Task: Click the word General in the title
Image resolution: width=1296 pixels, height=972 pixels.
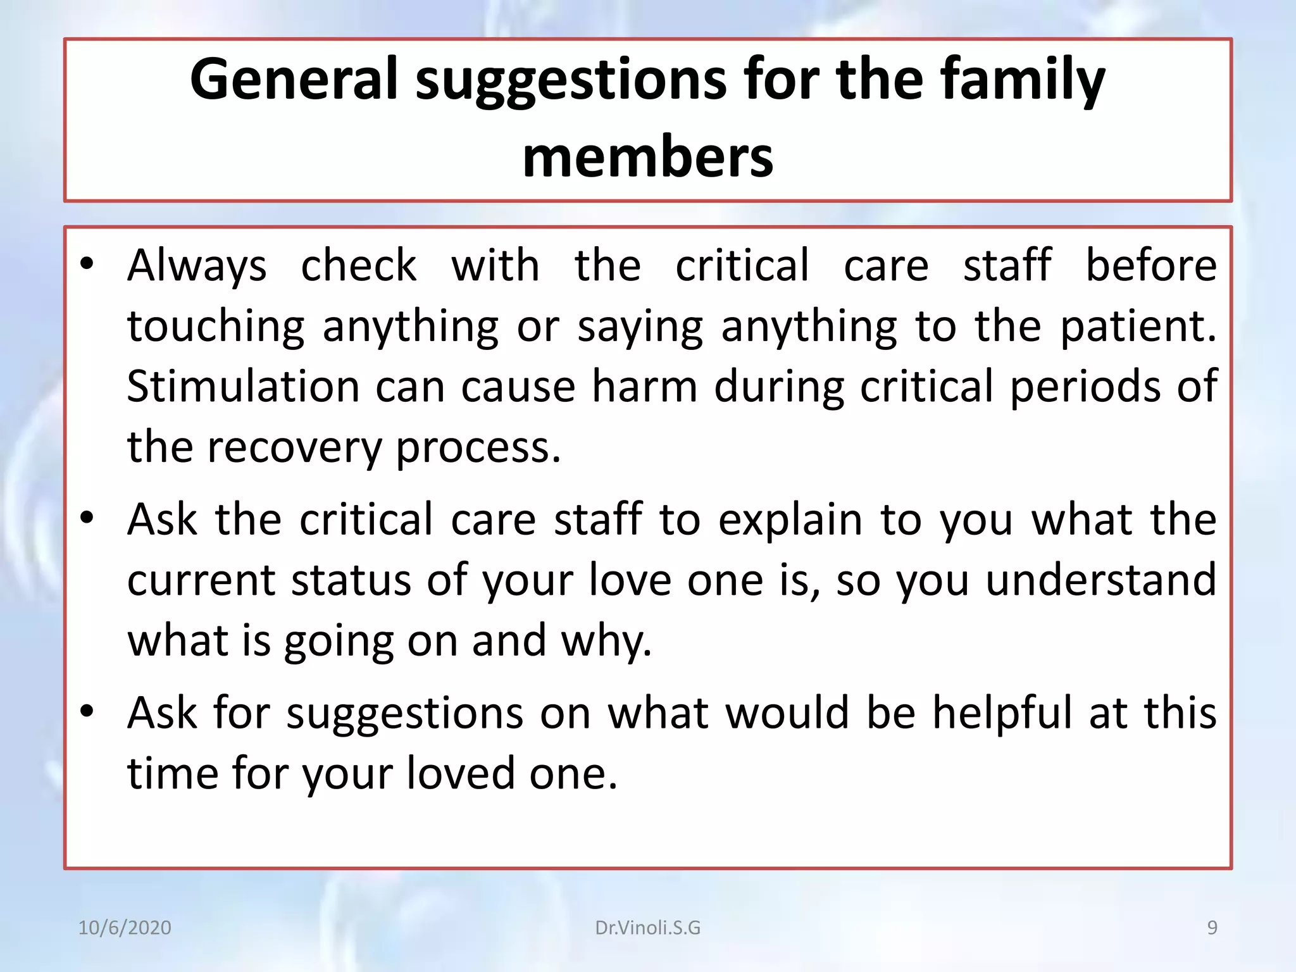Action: [294, 79]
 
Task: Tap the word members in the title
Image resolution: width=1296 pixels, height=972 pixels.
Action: [647, 158]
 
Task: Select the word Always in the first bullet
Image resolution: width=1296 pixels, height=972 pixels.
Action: [197, 266]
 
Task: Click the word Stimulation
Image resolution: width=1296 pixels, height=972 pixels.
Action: [243, 387]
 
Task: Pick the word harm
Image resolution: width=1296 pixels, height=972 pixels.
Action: [644, 387]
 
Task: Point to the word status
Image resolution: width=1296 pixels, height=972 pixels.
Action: [351, 580]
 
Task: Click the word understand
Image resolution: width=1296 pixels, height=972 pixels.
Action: [1101, 580]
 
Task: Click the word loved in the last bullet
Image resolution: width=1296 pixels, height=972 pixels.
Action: [460, 774]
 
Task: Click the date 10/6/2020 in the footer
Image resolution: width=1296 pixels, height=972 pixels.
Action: [125, 928]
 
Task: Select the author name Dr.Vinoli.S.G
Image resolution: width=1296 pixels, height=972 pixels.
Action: [647, 928]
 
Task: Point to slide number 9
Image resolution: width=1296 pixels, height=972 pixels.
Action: [1212, 928]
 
